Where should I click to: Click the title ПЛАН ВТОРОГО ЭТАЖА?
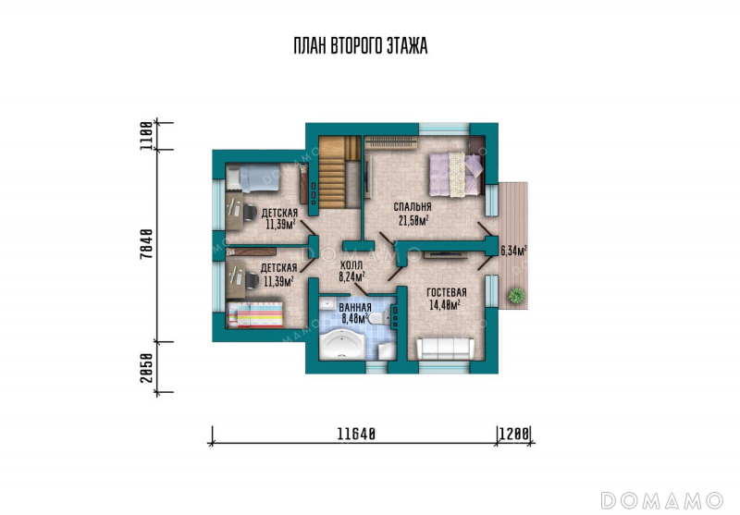[x=361, y=46]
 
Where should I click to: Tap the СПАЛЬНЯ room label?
[x=413, y=207]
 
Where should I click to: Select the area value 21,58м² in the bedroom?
[x=413, y=220]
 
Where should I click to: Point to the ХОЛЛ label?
[x=351, y=265]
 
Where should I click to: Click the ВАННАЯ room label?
[x=355, y=308]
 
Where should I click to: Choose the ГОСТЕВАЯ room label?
[x=447, y=292]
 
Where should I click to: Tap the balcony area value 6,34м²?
[x=514, y=251]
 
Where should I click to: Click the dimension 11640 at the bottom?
[x=356, y=434]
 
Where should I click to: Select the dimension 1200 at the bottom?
[x=514, y=434]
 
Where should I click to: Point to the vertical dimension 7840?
[x=147, y=243]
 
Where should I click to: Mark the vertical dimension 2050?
[x=147, y=367]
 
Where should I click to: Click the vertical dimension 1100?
[x=147, y=136]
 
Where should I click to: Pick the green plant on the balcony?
[x=516, y=296]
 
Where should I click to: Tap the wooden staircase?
[x=339, y=172]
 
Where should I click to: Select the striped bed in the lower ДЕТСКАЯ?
[x=255, y=314]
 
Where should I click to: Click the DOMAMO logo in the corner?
[x=662, y=500]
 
